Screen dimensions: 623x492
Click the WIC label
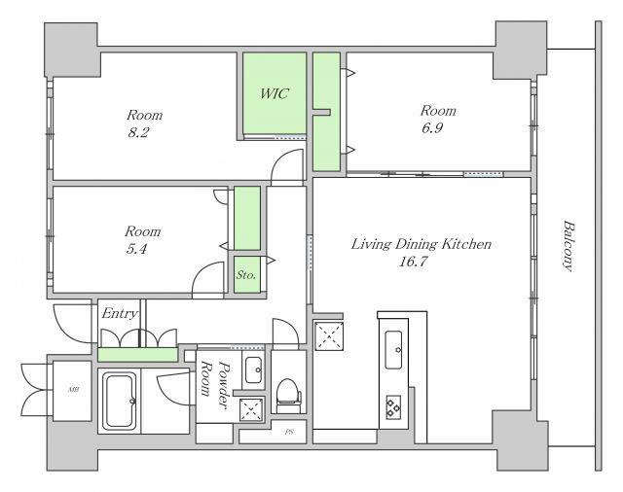pyautogui.click(x=275, y=93)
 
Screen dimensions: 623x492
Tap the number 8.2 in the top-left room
pyautogui.click(x=138, y=132)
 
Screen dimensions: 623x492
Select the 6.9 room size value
pyautogui.click(x=432, y=127)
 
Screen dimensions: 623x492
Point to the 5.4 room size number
pyautogui.click(x=136, y=249)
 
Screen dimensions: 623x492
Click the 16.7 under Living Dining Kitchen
pyautogui.click(x=413, y=262)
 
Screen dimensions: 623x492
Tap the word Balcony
pyautogui.click(x=568, y=246)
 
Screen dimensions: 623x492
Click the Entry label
pyautogui.click(x=120, y=314)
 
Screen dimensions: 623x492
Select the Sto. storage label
pyautogui.click(x=246, y=274)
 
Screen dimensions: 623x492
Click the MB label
pyautogui.click(x=73, y=390)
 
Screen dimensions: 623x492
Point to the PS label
pyautogui.click(x=289, y=432)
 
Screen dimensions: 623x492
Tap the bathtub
pyautogui.click(x=119, y=401)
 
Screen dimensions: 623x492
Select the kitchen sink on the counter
pyautogui.click(x=393, y=349)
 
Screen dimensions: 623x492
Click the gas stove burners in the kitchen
pyautogui.click(x=393, y=406)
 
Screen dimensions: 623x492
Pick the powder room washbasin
pyautogui.click(x=253, y=369)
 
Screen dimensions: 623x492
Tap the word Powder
pyautogui.click(x=225, y=385)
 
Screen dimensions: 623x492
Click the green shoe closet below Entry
pyautogui.click(x=137, y=354)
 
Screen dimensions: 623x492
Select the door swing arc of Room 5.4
pyautogui.click(x=204, y=274)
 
